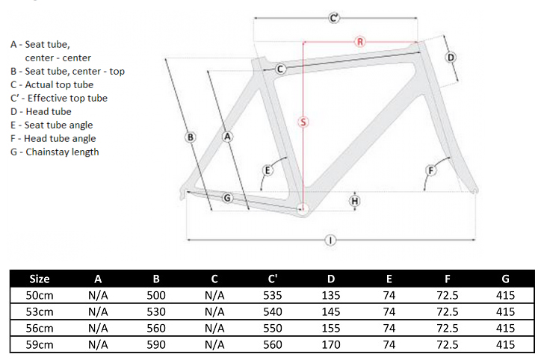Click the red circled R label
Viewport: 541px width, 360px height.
point(359,42)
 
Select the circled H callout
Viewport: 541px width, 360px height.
point(354,200)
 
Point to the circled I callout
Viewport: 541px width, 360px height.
point(330,240)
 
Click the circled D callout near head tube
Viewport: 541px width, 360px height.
point(451,58)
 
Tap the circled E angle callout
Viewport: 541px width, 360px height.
point(267,171)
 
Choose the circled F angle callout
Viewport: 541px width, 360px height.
point(430,171)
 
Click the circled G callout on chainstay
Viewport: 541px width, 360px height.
point(228,197)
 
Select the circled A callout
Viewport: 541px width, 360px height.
point(228,136)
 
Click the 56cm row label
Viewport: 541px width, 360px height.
point(39,328)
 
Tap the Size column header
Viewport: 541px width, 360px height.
point(39,279)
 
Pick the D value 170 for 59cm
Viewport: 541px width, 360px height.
point(330,345)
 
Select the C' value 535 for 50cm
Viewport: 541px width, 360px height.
point(273,295)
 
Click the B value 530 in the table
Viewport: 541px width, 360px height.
point(156,311)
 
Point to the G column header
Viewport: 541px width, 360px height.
point(505,279)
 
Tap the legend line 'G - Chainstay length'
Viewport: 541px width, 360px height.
point(55,152)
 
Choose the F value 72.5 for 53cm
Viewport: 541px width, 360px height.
point(447,311)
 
